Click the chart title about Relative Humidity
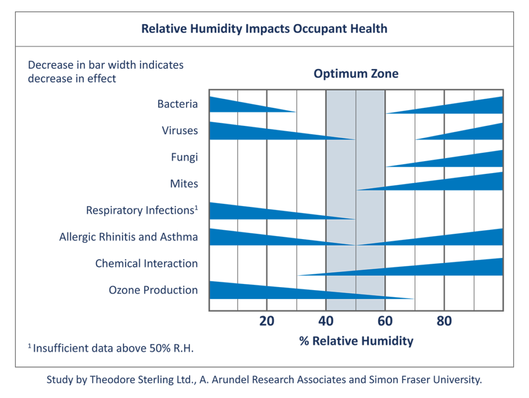264,28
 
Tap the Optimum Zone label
356,74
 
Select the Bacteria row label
177,104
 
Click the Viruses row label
179,131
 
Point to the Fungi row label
184,157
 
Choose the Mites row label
183,184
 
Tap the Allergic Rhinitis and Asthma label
128,237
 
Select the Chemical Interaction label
146,263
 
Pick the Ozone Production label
153,290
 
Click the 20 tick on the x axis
267,322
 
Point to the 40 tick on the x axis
326,322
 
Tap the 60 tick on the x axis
385,322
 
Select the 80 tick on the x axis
444,322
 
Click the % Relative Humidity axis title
356,341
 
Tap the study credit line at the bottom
264,380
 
